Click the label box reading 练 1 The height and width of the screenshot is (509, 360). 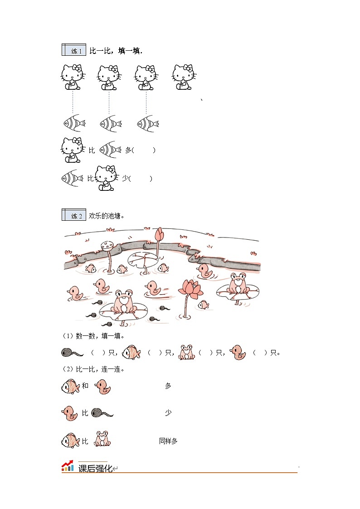click(x=74, y=50)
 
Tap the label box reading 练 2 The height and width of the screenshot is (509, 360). click(x=74, y=215)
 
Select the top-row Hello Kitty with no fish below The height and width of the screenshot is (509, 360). click(x=184, y=77)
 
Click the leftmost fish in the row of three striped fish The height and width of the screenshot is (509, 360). click(x=74, y=123)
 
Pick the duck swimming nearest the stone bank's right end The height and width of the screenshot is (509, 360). click(x=205, y=271)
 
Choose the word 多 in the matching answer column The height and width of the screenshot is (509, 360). click(x=168, y=386)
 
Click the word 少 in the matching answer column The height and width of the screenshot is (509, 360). click(x=168, y=412)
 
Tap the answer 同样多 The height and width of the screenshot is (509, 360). click(x=168, y=441)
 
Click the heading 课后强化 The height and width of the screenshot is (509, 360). click(x=95, y=468)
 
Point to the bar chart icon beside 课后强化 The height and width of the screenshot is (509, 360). click(x=68, y=466)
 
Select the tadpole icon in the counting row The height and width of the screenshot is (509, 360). click(x=72, y=353)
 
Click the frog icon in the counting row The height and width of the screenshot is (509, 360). click(x=186, y=352)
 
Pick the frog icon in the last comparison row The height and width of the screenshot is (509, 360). click(x=102, y=439)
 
